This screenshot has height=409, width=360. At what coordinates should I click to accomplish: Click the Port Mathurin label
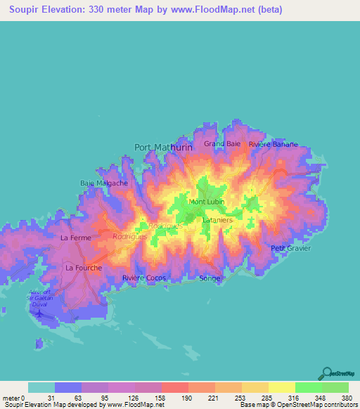pyautogui.click(x=162, y=148)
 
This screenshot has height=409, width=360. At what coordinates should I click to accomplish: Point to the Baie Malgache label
pyautogui.click(x=104, y=183)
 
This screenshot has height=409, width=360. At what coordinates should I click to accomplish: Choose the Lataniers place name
pyautogui.click(x=217, y=220)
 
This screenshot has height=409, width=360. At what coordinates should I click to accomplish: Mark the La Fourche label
pyautogui.click(x=83, y=268)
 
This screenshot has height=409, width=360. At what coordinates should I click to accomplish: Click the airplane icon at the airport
pyautogui.click(x=38, y=313)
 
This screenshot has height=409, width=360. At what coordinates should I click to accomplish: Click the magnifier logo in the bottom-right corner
pyautogui.click(x=327, y=373)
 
